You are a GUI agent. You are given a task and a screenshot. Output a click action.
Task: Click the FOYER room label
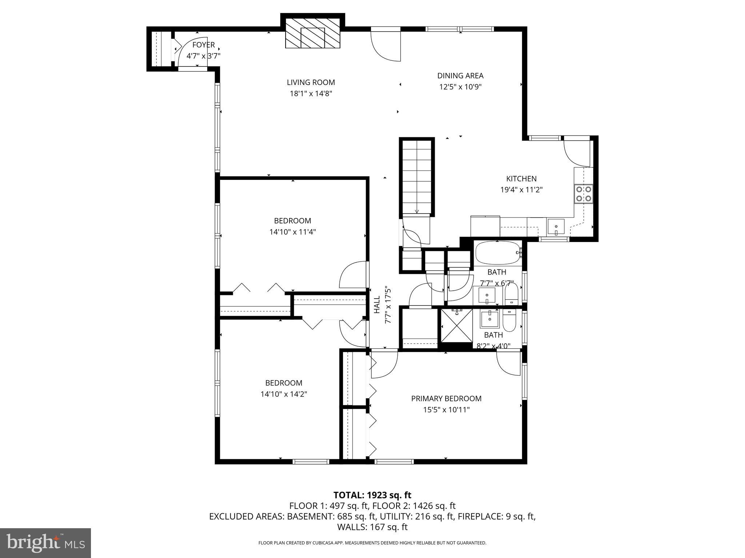[203, 45]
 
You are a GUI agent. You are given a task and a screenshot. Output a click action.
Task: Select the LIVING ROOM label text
[311, 82]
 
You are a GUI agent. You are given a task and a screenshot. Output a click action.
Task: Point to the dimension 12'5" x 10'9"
[460, 87]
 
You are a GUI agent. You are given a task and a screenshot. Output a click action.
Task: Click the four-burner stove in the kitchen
[583, 194]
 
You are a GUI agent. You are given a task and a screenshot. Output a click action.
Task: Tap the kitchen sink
[556, 227]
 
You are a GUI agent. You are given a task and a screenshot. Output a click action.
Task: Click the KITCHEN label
[521, 179]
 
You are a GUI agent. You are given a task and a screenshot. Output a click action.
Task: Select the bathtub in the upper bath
[497, 253]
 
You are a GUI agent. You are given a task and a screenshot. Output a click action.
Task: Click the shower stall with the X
[457, 325]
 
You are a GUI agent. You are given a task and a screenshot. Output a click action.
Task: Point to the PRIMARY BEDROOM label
[446, 399]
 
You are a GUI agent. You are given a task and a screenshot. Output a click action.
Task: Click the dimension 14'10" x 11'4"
[292, 232]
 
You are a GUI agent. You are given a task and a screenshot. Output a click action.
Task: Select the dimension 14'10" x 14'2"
[284, 394]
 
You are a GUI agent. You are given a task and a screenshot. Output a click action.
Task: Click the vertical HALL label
[377, 304]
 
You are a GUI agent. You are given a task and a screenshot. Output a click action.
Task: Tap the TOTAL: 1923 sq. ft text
[372, 495]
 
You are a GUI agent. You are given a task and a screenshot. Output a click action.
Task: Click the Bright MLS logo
[45, 543]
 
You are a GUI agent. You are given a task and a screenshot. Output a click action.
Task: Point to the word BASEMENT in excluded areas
[309, 517]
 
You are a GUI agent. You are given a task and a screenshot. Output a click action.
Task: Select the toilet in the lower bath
[509, 320]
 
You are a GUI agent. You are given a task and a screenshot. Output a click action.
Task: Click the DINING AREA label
[460, 76]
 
